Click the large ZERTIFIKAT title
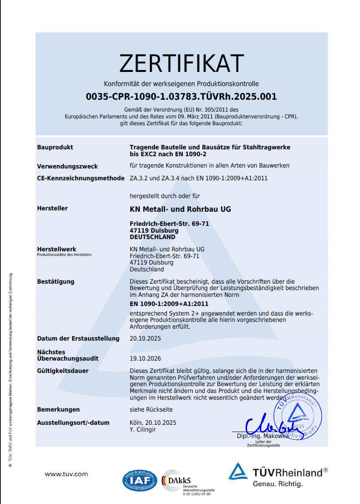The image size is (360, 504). [x=181, y=63]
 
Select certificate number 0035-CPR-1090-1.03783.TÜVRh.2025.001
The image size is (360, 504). [x=181, y=97]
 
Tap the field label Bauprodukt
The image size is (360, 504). [x=55, y=147]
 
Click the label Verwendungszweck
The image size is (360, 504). [x=67, y=166]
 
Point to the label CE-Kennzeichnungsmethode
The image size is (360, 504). [x=81, y=178]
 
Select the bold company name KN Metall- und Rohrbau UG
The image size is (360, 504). [x=180, y=209]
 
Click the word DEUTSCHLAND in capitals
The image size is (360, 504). [x=153, y=237]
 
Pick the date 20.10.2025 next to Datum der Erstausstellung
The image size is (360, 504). [x=145, y=339]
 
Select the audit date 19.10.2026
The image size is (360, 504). [x=145, y=358]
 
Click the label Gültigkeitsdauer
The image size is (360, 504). [x=63, y=371]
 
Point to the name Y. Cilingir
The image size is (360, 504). [x=143, y=429]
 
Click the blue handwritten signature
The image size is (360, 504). [x=264, y=426]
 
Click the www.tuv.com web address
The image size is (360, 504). [x=66, y=474]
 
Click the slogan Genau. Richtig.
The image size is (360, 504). [x=278, y=484]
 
